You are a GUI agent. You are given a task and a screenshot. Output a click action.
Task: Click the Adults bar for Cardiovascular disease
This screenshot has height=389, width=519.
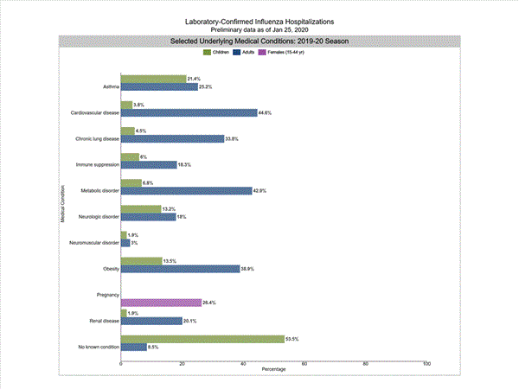click(x=189, y=112)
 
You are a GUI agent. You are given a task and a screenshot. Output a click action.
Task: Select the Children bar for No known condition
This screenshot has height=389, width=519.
click(x=202, y=339)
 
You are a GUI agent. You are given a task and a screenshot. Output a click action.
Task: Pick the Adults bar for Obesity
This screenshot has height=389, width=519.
click(x=180, y=269)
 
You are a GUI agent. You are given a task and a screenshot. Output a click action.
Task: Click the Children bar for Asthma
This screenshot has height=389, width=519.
click(x=153, y=79)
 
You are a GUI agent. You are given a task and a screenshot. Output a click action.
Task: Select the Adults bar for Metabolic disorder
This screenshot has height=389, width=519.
click(x=186, y=190)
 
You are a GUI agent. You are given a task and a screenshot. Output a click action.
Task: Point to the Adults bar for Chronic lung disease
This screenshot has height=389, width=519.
click(x=172, y=138)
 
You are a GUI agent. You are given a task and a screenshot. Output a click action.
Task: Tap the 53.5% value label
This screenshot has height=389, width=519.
click(x=293, y=339)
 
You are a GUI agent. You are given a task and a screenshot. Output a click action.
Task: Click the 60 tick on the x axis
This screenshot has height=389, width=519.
click(x=304, y=364)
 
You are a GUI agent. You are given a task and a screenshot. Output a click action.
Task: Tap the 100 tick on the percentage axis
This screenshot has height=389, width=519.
click(x=426, y=364)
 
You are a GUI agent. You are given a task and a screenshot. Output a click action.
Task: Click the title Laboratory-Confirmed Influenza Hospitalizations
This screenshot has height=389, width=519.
click(x=259, y=20)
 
